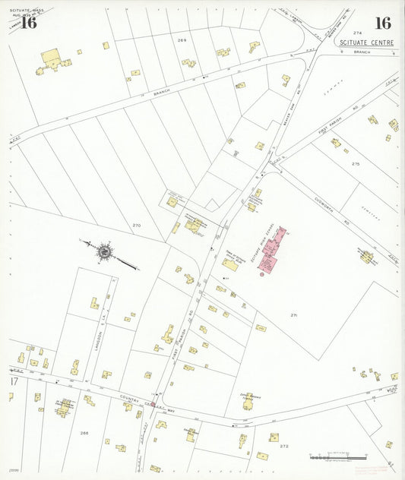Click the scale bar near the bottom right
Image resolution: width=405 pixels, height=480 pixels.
click(340, 457)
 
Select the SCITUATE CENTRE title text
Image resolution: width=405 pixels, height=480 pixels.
click(367, 43)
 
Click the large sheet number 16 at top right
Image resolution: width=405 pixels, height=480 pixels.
click(382, 24)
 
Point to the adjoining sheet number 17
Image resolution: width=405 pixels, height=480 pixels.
click(12, 380)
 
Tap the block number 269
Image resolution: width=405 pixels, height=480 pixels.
click(182, 39)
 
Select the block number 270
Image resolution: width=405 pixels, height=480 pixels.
click(137, 226)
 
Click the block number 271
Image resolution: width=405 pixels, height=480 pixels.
click(293, 314)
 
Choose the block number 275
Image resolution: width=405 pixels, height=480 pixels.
click(356, 164)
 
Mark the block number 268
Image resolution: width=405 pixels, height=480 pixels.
click(84, 433)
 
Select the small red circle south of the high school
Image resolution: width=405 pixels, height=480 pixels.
click(261, 275)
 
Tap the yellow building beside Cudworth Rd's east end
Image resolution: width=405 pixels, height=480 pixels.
click(367, 257)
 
